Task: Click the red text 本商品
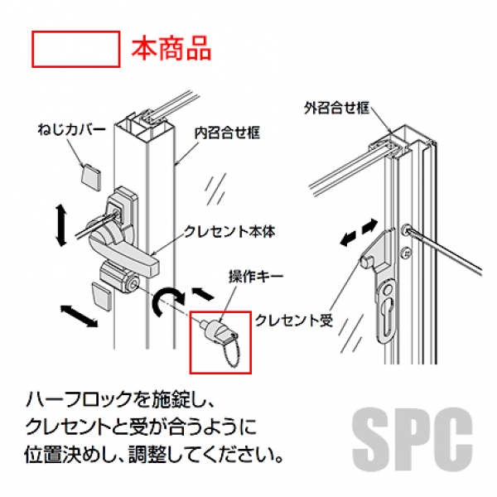click(x=171, y=48)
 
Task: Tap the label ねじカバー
click(x=71, y=130)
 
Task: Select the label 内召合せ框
click(x=227, y=133)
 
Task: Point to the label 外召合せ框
click(x=337, y=108)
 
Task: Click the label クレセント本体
click(x=229, y=232)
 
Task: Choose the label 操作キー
click(x=256, y=277)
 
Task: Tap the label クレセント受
click(x=294, y=321)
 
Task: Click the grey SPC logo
click(x=413, y=439)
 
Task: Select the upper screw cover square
click(x=91, y=177)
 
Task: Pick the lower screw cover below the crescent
click(x=102, y=297)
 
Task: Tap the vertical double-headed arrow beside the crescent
click(x=61, y=225)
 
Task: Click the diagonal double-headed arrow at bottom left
click(x=80, y=316)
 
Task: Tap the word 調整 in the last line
click(x=147, y=455)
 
